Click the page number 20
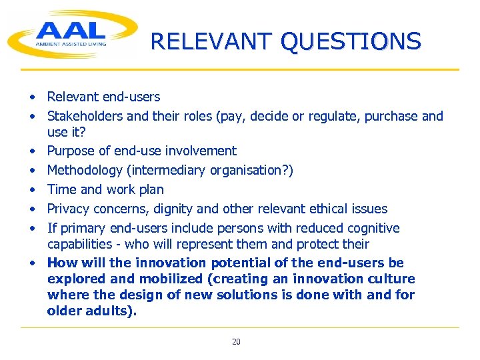tap(236, 342)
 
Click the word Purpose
tap(71, 151)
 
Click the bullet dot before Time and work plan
tap(32, 189)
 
